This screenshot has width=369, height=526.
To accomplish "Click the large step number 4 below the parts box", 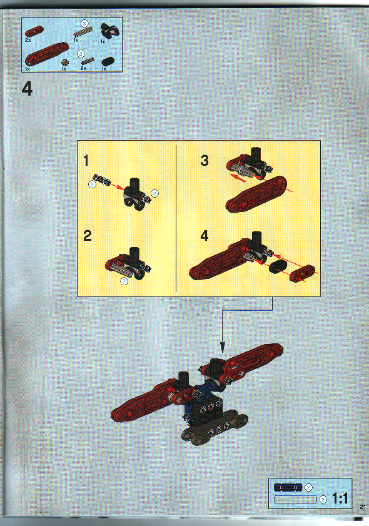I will click(x=26, y=89).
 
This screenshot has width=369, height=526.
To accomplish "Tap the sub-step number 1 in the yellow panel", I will click(x=87, y=161).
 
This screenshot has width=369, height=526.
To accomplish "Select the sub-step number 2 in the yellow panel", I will click(x=88, y=236).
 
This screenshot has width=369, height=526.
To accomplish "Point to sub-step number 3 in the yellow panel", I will click(x=204, y=160).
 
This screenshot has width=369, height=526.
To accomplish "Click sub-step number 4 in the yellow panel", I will click(x=204, y=236).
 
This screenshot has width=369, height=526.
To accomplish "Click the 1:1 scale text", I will click(x=340, y=498).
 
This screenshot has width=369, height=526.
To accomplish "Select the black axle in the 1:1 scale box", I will click(x=288, y=487).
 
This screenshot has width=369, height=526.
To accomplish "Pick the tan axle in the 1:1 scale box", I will click(x=295, y=498).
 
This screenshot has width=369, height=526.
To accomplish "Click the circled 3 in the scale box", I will click(x=323, y=499).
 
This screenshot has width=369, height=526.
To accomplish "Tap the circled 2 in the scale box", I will click(x=308, y=487).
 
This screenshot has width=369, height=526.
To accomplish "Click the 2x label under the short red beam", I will click(x=28, y=39).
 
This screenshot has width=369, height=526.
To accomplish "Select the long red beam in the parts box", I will click(x=47, y=54).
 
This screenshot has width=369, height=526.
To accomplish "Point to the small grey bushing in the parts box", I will click(x=64, y=62).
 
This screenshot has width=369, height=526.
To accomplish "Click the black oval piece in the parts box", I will click(x=108, y=61).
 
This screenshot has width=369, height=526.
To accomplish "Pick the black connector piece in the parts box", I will click(x=111, y=29).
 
